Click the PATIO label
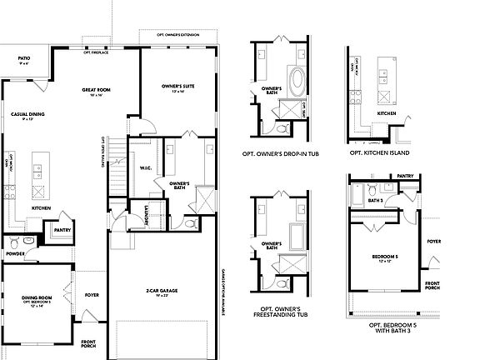pyautogui.click(x=22, y=59)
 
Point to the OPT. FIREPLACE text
pyautogui.click(x=97, y=52)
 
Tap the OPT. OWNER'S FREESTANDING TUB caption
pyautogui.click(x=279, y=315)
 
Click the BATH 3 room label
pyautogui.click(x=374, y=201)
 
